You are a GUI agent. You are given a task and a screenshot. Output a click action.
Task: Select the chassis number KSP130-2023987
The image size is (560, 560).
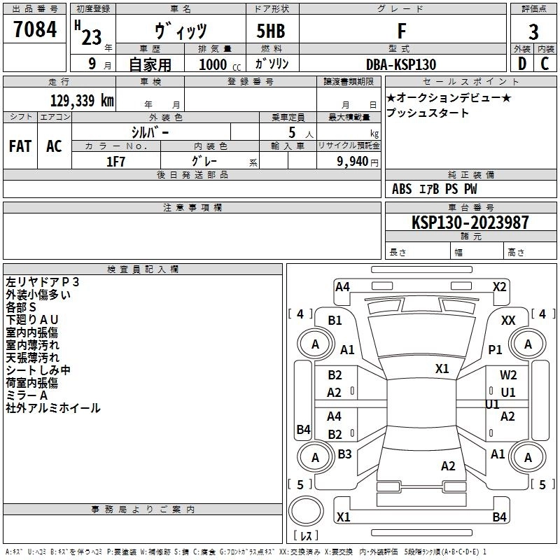pos(470,223)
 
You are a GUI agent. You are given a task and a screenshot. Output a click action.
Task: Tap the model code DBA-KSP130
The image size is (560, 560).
pos(401,64)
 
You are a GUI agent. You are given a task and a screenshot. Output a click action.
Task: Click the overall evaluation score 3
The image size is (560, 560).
pos(533,31)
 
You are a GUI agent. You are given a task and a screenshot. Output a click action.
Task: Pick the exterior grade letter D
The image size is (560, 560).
pos(521,64)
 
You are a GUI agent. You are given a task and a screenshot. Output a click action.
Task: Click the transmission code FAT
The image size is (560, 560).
pos(20,146)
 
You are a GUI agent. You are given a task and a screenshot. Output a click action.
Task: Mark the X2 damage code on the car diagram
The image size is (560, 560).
pos(499,286)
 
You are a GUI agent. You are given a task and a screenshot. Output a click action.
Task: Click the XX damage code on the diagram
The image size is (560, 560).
pos(508,320)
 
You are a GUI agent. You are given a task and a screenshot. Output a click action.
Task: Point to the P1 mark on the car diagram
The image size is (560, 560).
pos(496,349)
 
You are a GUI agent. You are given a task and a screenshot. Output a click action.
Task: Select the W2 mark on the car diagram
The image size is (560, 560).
pos(508,375)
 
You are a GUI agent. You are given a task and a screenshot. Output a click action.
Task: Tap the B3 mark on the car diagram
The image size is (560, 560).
pos(344,454)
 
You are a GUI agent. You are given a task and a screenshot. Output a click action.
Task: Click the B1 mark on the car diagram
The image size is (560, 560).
pos(335,320)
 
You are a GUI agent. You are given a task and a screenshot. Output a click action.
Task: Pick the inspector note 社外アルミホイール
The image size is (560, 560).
pos(53,408)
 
